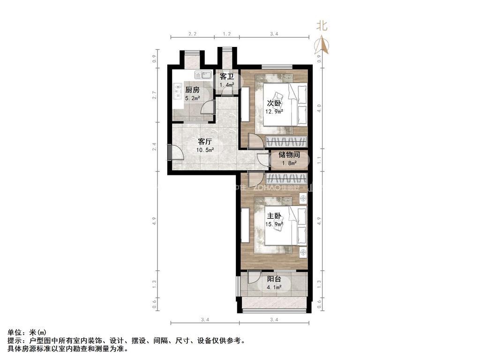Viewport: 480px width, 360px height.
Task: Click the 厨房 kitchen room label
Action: (x=192, y=90)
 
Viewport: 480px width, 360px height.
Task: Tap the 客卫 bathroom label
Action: (x=227, y=76)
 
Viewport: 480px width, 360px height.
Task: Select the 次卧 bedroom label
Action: (x=274, y=103)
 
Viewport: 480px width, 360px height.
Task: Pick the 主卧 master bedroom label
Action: (x=274, y=216)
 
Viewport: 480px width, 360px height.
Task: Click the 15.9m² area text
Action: (x=274, y=224)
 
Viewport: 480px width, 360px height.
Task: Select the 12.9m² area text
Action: (x=274, y=112)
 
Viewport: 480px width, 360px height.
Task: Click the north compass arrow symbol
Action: (x=322, y=45)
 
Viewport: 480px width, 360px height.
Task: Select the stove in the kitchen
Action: (x=178, y=91)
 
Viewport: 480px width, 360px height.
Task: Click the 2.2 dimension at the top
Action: (x=192, y=34)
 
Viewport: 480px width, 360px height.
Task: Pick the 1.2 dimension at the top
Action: (x=227, y=34)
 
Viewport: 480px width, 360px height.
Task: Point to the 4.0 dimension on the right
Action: (x=319, y=106)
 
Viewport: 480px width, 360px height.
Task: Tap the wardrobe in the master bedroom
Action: (x=286, y=178)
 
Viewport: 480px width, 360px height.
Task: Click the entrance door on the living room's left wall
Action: (x=174, y=153)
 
